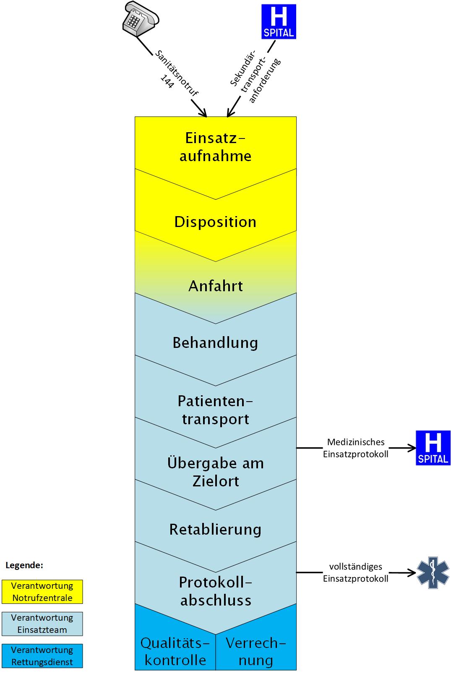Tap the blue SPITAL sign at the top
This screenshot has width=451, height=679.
279,22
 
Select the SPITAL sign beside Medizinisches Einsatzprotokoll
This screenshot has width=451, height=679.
433,448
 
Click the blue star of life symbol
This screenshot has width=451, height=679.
433,572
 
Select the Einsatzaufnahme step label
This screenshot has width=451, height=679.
215,147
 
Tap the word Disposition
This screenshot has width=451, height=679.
215,222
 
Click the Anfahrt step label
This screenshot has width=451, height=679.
216,286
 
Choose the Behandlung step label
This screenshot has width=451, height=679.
215,343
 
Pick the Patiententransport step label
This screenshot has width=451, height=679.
215,410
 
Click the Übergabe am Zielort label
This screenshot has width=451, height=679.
216,472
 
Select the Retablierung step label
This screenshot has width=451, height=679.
215,530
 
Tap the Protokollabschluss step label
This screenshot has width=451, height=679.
216,591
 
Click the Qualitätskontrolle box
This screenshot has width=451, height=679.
175,651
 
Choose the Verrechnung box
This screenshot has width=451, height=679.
256,651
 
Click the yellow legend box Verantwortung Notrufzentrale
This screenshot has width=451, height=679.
42,592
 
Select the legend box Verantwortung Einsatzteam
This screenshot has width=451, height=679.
42,624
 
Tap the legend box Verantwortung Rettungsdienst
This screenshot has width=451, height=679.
42,656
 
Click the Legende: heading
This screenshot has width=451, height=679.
24,565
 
